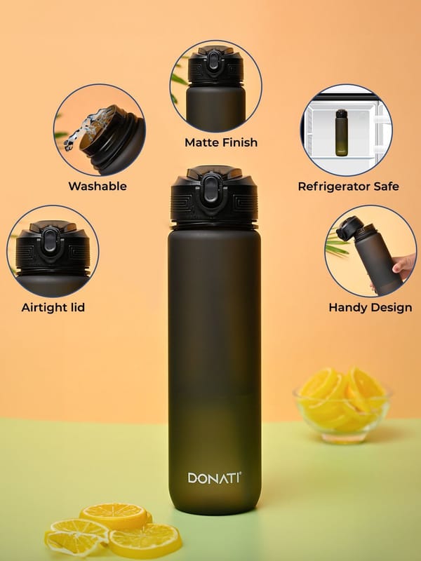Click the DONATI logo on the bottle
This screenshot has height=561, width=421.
click(214, 478)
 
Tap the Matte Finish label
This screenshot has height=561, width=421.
click(221, 142)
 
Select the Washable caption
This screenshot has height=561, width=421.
click(98, 186)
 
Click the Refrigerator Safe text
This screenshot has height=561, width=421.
click(348, 187)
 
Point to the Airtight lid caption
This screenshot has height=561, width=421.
click(53, 307)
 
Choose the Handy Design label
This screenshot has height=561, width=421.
click(370, 307)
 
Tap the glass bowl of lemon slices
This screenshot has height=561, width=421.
click(342, 406)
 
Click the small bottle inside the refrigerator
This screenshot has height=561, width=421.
click(341, 133)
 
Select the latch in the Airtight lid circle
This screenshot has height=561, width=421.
click(51, 240)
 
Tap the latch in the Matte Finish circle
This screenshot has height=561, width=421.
click(213, 60)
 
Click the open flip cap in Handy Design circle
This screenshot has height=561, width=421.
click(349, 228)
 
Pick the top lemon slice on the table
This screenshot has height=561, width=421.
click(114, 516)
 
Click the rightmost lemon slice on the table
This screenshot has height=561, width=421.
click(145, 540)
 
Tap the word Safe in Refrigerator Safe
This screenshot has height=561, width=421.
click(387, 187)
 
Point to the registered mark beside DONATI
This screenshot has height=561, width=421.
click(240, 473)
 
